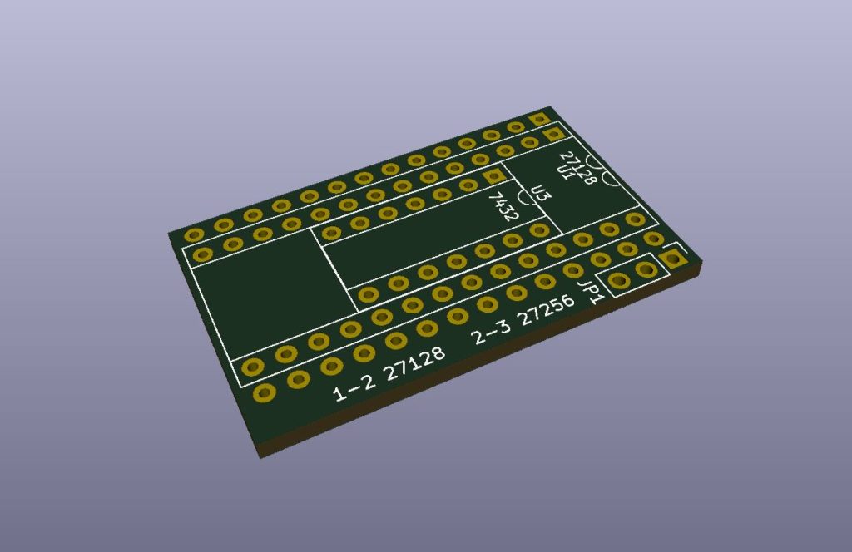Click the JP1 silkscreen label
592,292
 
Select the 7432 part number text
503,206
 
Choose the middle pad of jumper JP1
645,270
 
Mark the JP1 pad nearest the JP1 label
618,281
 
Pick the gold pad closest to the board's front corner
264,392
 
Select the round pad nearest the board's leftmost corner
196,234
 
